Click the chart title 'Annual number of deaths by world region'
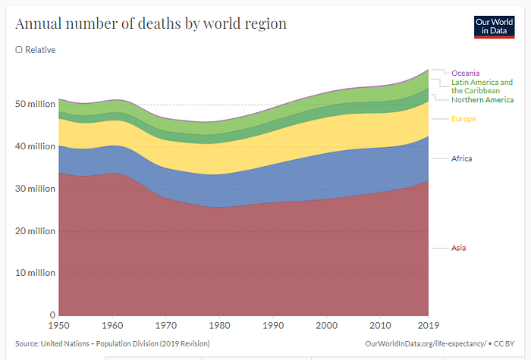151,23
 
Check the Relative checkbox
19,50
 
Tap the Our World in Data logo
494,27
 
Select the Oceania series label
465,73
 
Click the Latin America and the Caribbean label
482,86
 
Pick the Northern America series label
482,99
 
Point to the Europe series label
463,119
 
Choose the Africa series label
462,158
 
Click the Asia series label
460,248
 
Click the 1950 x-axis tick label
59,326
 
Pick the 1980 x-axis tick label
219,326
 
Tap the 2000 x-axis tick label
326,326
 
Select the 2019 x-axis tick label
428,326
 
